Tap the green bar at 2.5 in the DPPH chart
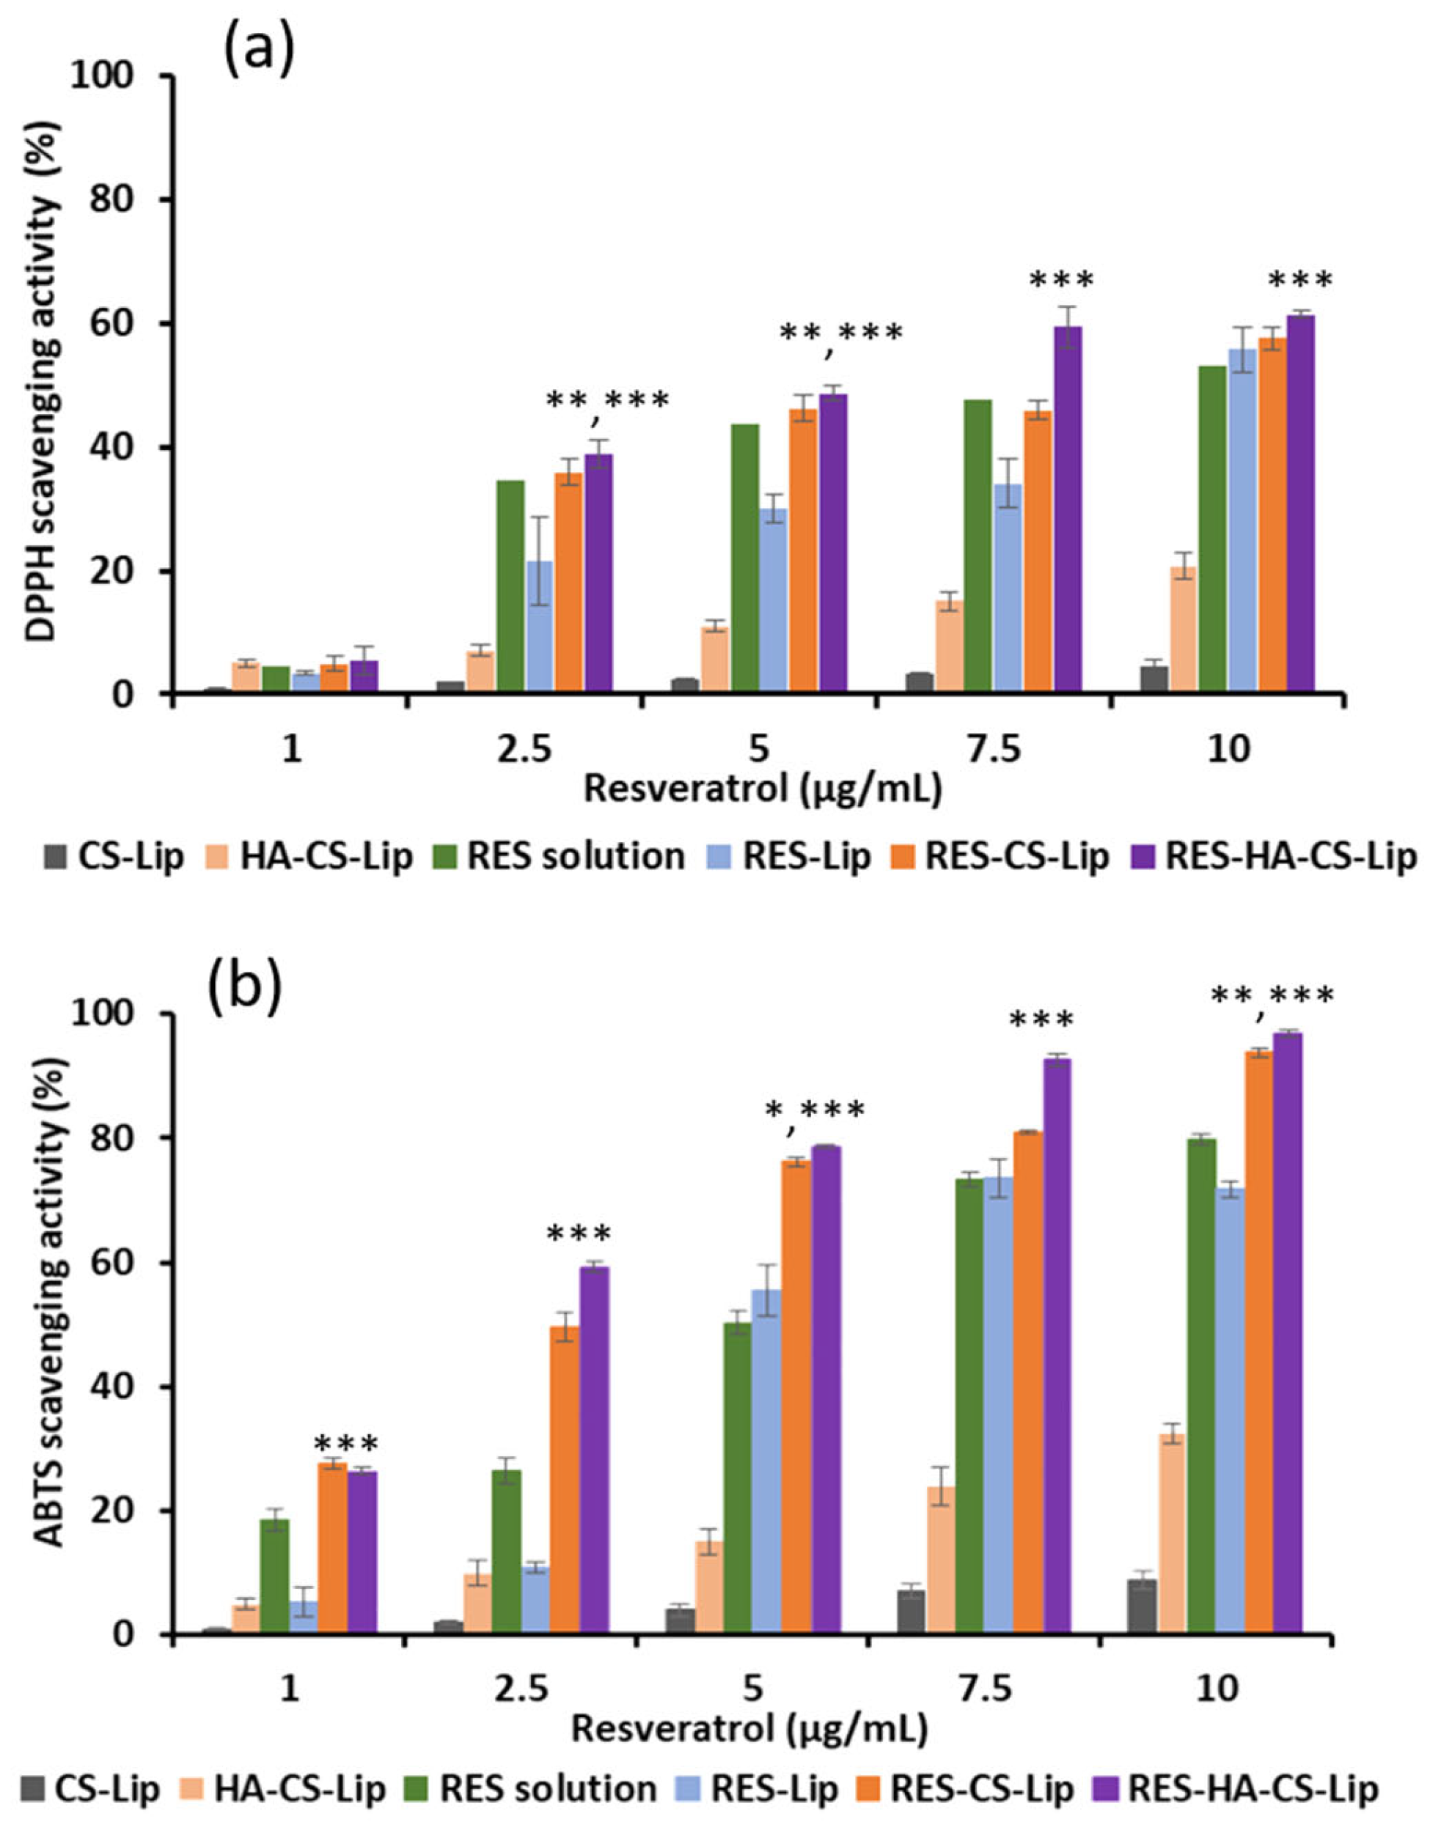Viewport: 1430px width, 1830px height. tap(510, 586)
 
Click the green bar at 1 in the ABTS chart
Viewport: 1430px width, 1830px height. tap(274, 1550)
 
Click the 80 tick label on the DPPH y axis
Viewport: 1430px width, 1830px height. tap(134, 199)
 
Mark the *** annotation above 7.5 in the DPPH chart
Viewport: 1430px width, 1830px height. tap(1061, 280)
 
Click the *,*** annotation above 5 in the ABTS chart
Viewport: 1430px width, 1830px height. tap(814, 1112)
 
